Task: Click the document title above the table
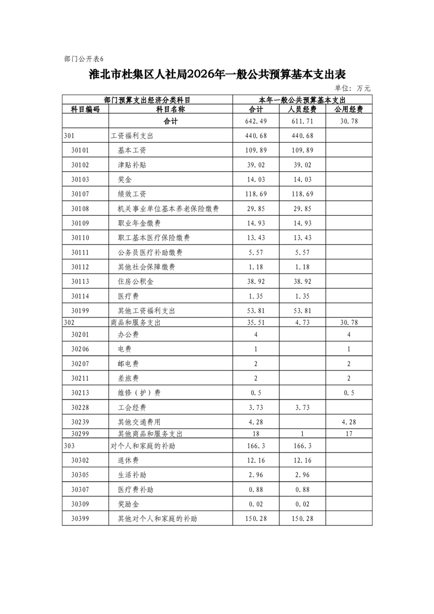click(x=218, y=75)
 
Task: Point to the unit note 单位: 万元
click(x=352, y=88)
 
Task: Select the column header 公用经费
click(x=349, y=109)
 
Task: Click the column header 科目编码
click(x=85, y=109)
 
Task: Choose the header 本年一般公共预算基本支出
click(x=302, y=100)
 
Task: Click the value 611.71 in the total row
click(x=303, y=121)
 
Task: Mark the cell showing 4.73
click(x=303, y=323)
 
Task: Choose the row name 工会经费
click(x=132, y=408)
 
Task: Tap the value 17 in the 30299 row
click(x=349, y=433)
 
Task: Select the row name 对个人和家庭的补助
click(x=142, y=446)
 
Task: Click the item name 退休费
click(x=128, y=460)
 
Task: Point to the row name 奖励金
click(x=128, y=504)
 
